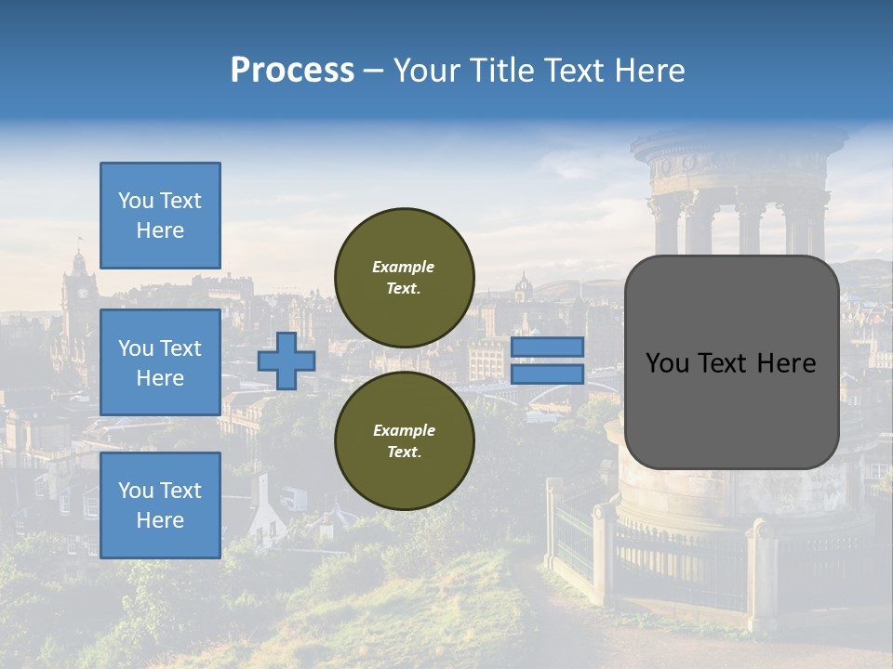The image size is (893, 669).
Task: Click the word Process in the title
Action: coord(292,71)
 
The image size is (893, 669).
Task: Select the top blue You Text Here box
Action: coord(160,216)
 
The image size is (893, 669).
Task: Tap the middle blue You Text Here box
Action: coord(160,362)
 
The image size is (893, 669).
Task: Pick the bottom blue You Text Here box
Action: coord(160,505)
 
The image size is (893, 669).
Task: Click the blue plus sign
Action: coord(287,361)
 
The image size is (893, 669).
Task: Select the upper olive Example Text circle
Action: coord(404,277)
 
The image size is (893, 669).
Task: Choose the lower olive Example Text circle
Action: coord(404,440)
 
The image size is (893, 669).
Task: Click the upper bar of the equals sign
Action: coord(547,347)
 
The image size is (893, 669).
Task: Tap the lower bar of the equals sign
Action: coord(547,374)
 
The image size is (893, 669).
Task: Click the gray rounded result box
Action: coord(731,409)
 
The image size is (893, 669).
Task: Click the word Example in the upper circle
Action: coord(404,267)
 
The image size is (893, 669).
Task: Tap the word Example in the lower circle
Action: coord(404,430)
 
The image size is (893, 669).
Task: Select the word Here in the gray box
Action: coord(786,363)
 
